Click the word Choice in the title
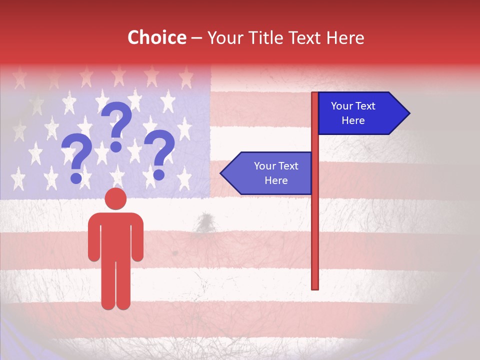point(156,37)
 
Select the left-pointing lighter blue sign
point(270,173)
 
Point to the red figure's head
point(116,198)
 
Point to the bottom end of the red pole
point(315,287)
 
